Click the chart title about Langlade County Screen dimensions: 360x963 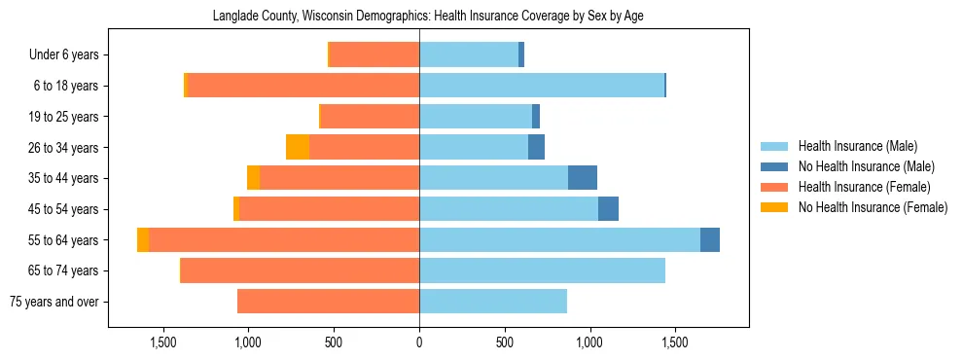coord(428,16)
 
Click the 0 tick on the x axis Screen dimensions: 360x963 coord(419,342)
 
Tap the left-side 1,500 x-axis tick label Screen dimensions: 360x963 coord(162,342)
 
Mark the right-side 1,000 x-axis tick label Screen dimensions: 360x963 coord(590,342)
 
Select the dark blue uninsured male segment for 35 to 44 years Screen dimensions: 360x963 coord(582,178)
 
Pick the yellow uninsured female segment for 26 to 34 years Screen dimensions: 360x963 coord(298,148)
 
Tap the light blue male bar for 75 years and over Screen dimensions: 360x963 coord(493,302)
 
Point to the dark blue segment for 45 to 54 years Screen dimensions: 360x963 coord(608,209)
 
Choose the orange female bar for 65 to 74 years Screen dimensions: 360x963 coord(301,270)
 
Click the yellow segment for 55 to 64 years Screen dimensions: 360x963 coord(143,240)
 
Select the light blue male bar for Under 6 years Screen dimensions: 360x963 coord(469,55)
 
